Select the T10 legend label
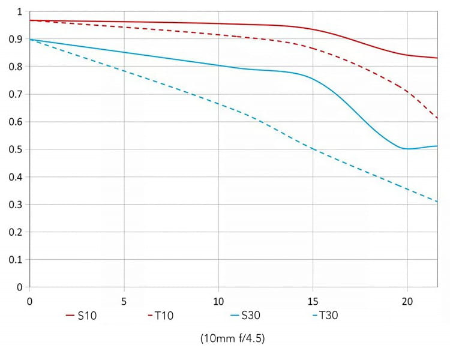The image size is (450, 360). click(x=164, y=316)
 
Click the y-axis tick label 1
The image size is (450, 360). click(x=20, y=12)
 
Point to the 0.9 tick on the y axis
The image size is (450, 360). click(x=16, y=40)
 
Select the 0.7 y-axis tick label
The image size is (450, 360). click(x=16, y=94)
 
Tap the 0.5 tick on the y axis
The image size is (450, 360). click(x=16, y=149)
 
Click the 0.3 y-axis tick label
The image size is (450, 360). click(x=16, y=205)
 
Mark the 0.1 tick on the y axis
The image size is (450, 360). click(x=16, y=260)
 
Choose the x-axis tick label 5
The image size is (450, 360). click(x=124, y=299)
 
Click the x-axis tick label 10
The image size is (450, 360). click(x=218, y=299)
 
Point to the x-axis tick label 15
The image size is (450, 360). click(x=313, y=299)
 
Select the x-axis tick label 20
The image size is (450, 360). click(x=407, y=299)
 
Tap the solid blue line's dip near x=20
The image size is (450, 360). click(x=408, y=148)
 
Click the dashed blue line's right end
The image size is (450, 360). click(x=437, y=202)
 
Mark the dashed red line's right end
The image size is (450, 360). click(x=437, y=118)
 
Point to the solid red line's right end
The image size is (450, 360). click(x=437, y=58)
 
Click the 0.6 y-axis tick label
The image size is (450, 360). click(x=16, y=122)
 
